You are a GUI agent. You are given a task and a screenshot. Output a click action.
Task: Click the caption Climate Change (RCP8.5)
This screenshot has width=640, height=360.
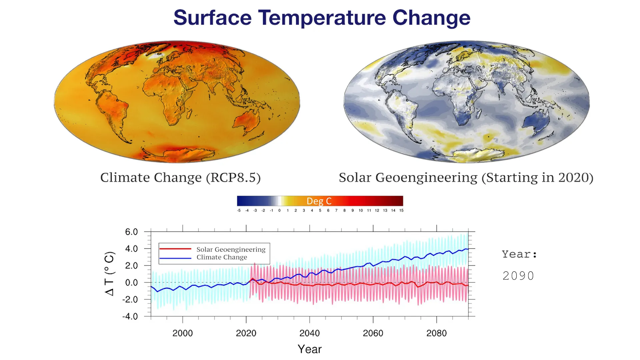click(x=180, y=178)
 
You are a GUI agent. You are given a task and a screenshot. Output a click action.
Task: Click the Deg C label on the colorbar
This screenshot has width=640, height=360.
click(x=319, y=201)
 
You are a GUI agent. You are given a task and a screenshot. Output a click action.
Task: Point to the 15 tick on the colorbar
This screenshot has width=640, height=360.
click(x=401, y=211)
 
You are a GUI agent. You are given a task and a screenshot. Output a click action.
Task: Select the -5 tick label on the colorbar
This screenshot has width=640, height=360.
click(x=239, y=211)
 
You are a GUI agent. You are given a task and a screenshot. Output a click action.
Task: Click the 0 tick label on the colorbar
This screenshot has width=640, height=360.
click(x=279, y=211)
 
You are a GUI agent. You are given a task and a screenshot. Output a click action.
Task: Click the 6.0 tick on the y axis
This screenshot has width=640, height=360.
click(x=131, y=232)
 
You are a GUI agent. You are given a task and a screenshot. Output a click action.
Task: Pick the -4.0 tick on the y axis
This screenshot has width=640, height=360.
click(x=130, y=316)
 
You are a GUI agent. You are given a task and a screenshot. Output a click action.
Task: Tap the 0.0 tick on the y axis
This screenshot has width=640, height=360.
click(x=131, y=283)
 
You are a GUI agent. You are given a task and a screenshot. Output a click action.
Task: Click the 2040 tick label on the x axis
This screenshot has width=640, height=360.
click(x=309, y=333)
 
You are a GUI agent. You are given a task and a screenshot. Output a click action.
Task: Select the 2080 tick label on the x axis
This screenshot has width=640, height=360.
click(x=436, y=333)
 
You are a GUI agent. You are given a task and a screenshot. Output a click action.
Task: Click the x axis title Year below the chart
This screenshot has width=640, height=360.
click(x=309, y=349)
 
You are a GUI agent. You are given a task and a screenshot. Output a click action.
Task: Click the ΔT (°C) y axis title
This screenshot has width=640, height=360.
click(x=110, y=273)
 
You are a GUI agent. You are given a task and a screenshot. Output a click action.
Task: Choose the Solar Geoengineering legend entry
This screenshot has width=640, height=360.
click(x=231, y=249)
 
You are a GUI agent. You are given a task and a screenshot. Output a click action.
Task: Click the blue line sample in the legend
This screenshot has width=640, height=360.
click(x=175, y=258)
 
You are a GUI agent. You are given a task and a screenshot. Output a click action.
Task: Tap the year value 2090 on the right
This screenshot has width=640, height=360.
click(x=518, y=276)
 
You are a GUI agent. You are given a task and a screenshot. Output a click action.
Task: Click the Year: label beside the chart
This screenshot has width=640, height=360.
click(x=519, y=254)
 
